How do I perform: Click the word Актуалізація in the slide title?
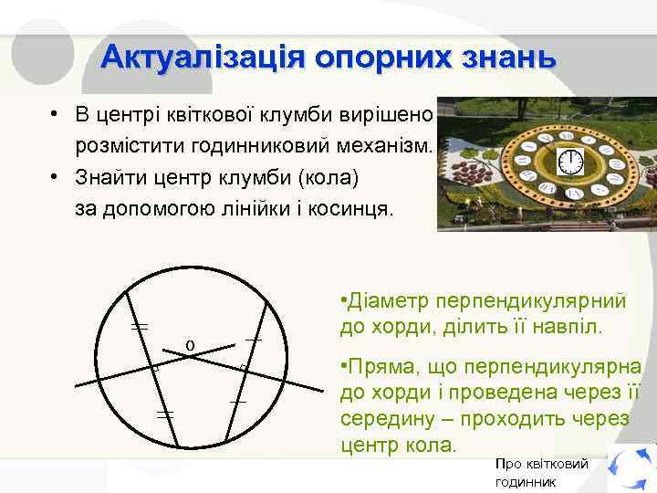203,57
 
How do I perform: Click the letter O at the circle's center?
190,345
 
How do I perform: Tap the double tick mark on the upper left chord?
140,325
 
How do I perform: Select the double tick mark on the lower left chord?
165,414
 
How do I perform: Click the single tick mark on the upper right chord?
254,340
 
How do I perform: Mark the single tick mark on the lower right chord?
238,402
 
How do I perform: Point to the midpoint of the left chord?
154,368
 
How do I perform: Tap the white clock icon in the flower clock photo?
569,162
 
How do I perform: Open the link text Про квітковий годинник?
541,472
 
